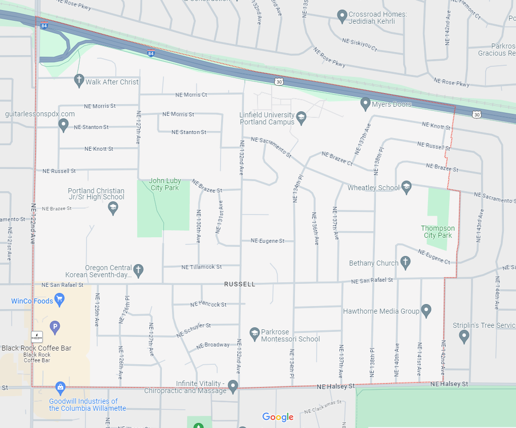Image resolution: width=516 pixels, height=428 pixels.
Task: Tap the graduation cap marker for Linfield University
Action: click(301, 118)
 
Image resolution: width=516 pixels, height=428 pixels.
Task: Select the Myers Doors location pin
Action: click(365, 104)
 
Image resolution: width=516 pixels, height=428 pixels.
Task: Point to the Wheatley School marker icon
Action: click(406, 187)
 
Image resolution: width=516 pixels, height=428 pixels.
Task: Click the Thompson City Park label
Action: click(438, 232)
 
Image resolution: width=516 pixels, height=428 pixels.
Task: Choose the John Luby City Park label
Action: click(164, 184)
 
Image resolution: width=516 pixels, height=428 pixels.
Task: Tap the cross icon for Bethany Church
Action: click(405, 262)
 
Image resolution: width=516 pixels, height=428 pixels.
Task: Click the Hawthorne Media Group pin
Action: click(426, 310)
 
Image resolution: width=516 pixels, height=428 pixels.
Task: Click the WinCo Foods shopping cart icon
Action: click(60, 300)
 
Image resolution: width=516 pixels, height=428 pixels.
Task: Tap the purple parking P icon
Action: click(55, 327)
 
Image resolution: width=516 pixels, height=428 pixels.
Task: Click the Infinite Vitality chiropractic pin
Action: click(233, 386)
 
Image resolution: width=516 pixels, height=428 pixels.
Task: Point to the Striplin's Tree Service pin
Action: click(464, 335)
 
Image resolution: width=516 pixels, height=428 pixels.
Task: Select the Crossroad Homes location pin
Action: click(342, 16)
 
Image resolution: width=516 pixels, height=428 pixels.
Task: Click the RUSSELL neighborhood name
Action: click(240, 284)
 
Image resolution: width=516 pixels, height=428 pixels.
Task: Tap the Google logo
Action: click(278, 417)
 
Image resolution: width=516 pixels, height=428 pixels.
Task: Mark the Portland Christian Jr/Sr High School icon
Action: click(113, 207)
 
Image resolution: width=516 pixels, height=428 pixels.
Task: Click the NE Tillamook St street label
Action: click(201, 267)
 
